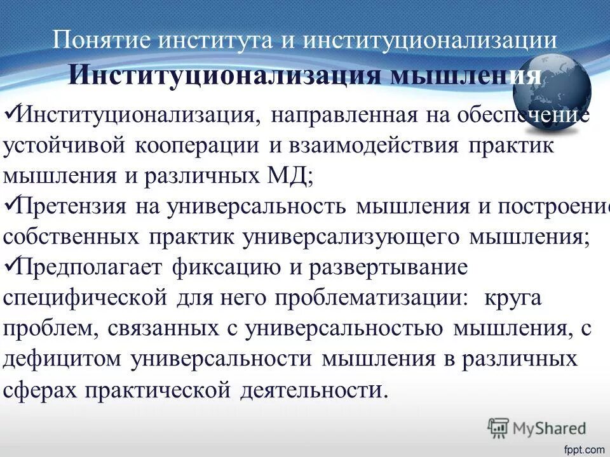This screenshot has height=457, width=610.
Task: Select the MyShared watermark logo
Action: point(537,428)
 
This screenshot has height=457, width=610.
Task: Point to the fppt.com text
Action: point(584,449)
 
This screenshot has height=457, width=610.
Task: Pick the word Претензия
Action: point(70,207)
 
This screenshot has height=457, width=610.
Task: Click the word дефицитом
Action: point(62,359)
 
